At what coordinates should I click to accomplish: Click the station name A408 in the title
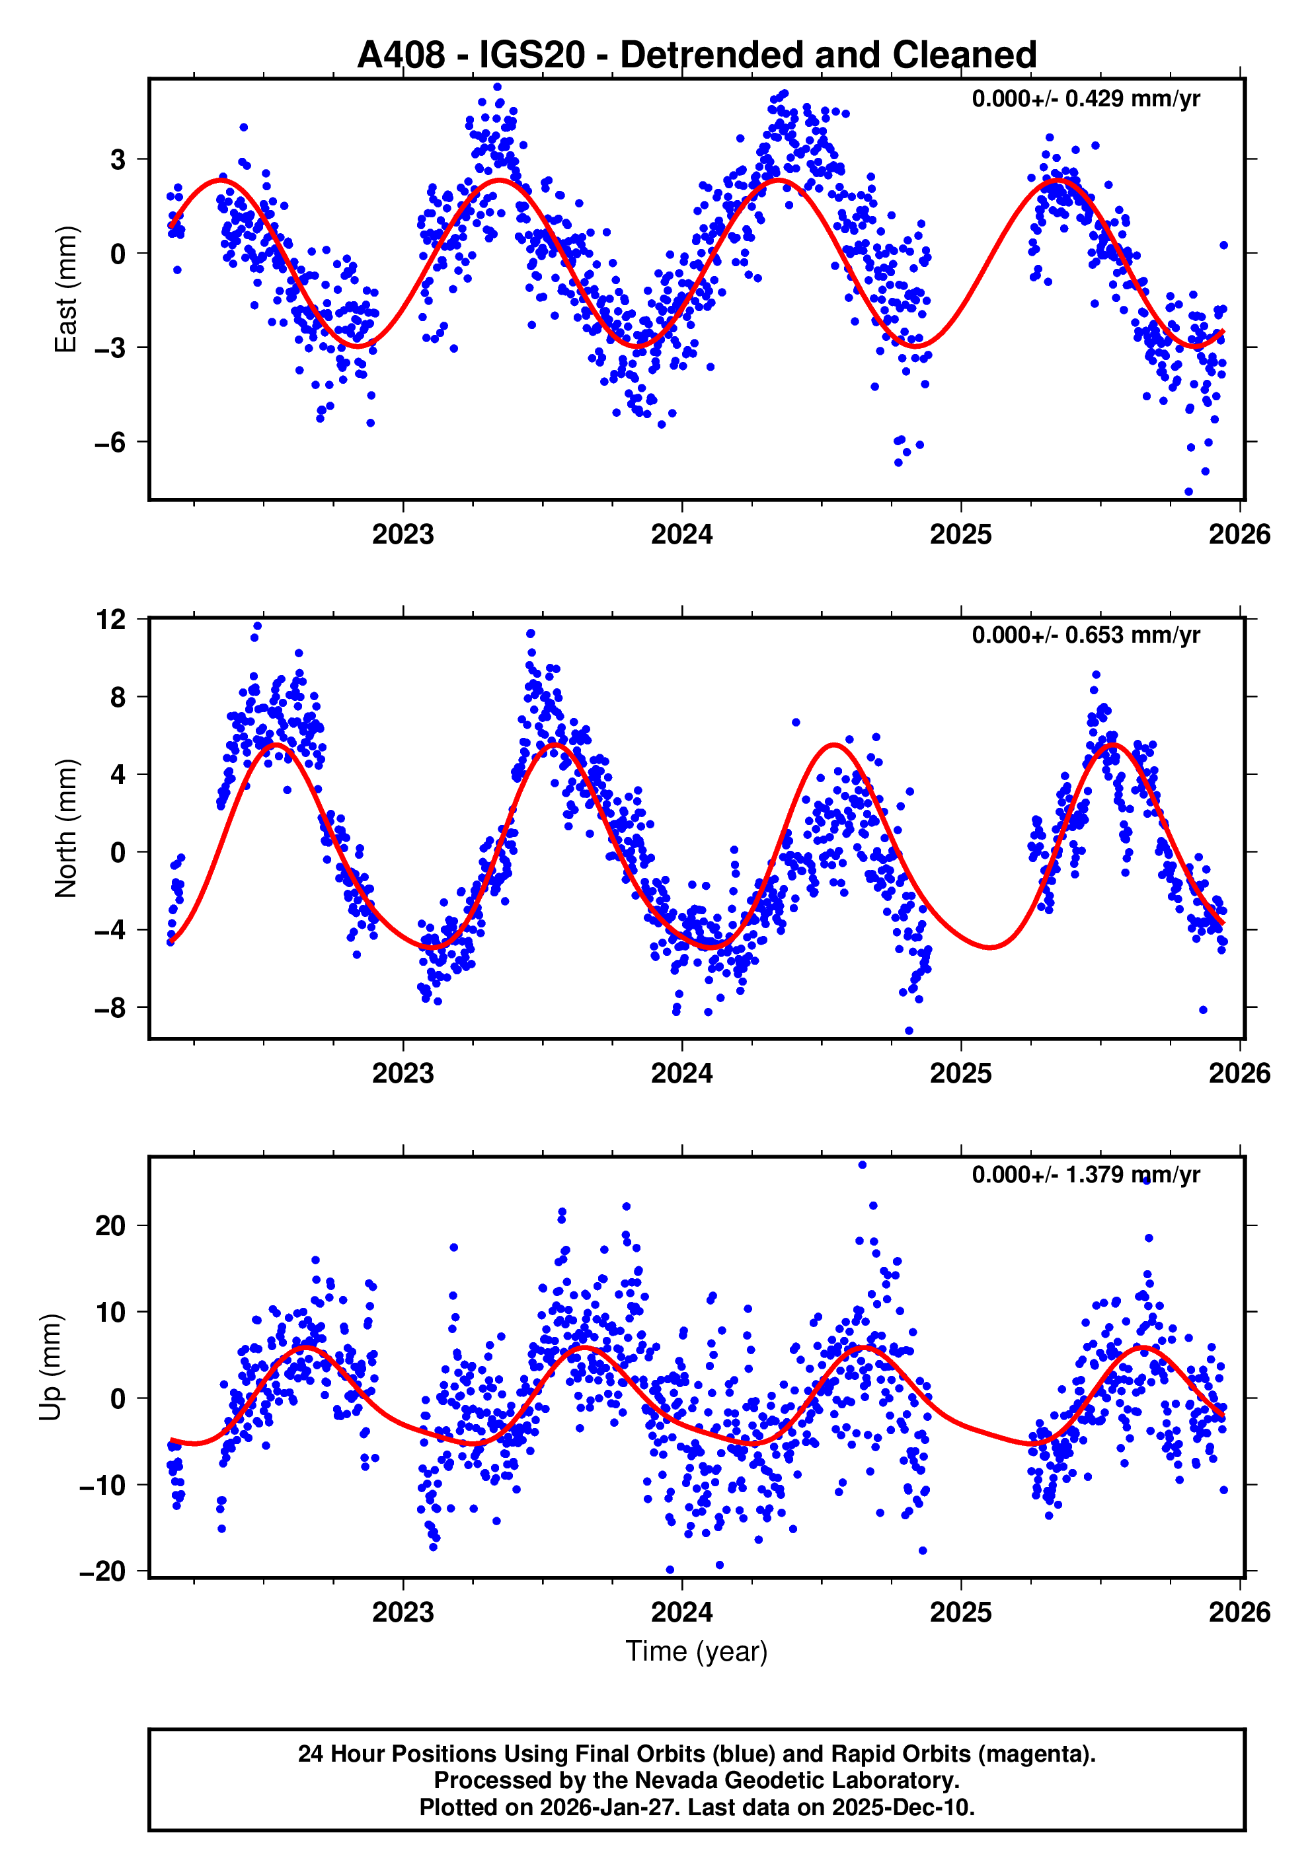401,55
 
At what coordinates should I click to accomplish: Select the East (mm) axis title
65,289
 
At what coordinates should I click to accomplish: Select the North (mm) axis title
65,829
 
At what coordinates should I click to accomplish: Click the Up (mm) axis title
51,1367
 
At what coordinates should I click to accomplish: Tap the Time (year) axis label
697,1651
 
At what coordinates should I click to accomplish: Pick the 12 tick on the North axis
111,620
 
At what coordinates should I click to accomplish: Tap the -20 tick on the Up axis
102,1572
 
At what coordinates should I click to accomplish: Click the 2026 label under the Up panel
1239,1612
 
